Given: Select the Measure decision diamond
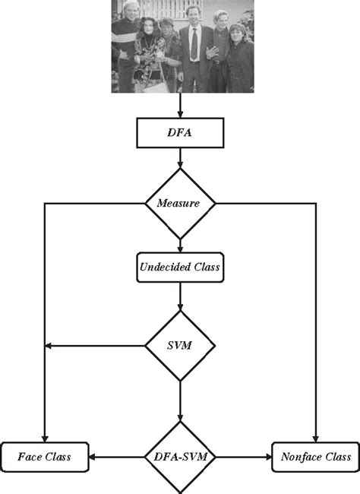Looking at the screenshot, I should (x=180, y=203).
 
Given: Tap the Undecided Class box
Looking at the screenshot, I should (x=180, y=268).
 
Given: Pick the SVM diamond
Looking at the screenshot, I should (x=180, y=346).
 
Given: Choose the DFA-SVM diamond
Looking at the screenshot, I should (x=180, y=457).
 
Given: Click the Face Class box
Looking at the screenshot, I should (x=45, y=457).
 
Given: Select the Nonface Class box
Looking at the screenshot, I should (x=315, y=457).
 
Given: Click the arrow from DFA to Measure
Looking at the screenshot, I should (x=180, y=158).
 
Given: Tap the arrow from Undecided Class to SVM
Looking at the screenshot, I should (x=180, y=296).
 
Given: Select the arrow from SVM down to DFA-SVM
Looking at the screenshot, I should (x=180, y=399).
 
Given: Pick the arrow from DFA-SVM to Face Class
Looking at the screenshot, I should (x=118, y=457).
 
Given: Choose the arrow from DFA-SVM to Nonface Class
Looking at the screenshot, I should (x=243, y=457).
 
